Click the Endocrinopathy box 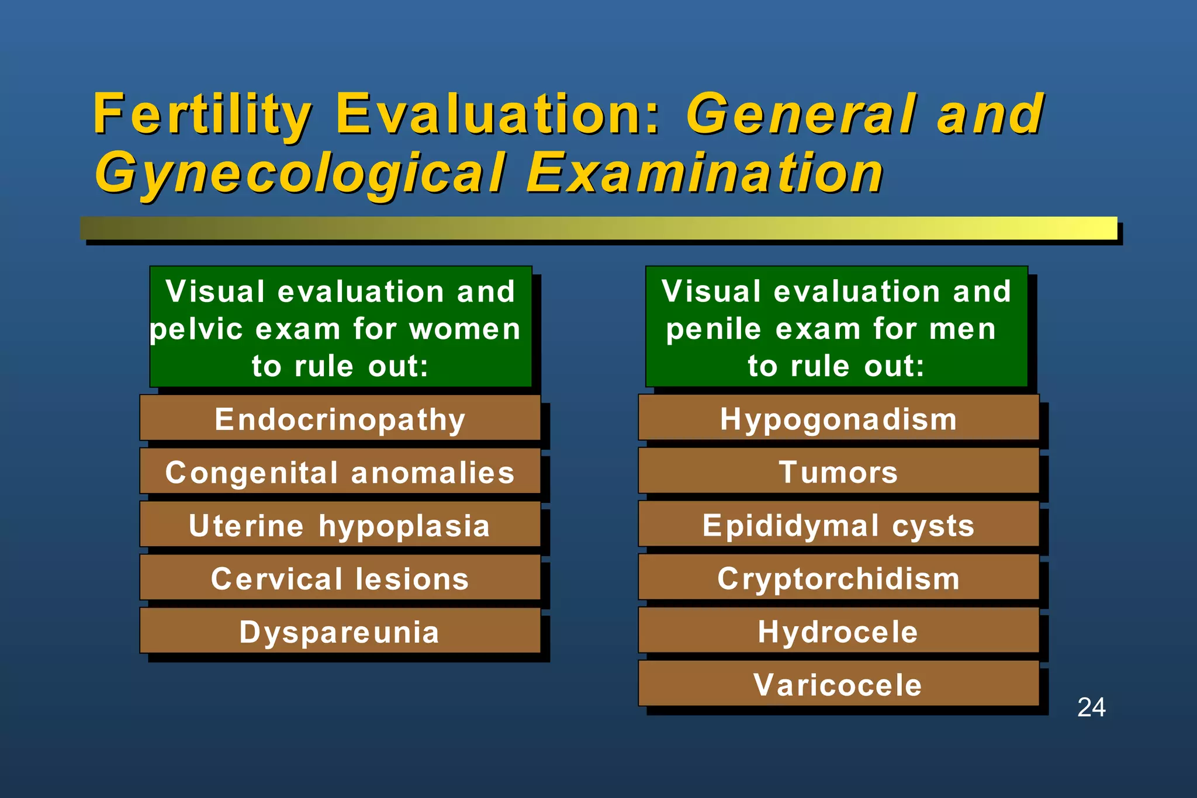coord(340,418)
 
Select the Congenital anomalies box coord(340,471)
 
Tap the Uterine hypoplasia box coord(340,525)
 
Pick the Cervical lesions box coord(340,578)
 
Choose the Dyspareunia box coord(340,631)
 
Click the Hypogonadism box coord(838,418)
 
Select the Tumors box coord(838,471)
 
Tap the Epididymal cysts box coord(838,525)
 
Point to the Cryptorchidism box coord(838,578)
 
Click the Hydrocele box coord(838,631)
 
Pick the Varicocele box coord(838,684)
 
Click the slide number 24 coord(1091,707)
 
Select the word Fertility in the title coord(202,115)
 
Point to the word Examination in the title coord(705,173)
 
